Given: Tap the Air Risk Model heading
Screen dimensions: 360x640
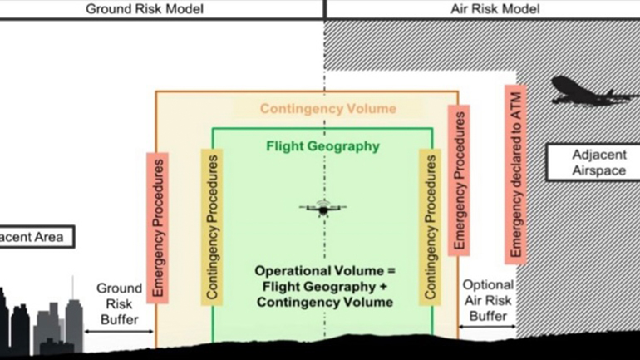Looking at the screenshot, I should (x=495, y=9).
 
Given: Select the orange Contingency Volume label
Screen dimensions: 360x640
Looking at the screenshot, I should (x=327, y=109).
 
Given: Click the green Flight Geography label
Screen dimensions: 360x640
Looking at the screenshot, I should (x=322, y=146).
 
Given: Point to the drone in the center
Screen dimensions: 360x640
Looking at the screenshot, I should (x=322, y=207).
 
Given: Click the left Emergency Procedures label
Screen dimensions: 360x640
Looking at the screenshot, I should (x=158, y=227).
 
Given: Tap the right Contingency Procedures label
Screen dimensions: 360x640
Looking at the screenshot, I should (x=430, y=227).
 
